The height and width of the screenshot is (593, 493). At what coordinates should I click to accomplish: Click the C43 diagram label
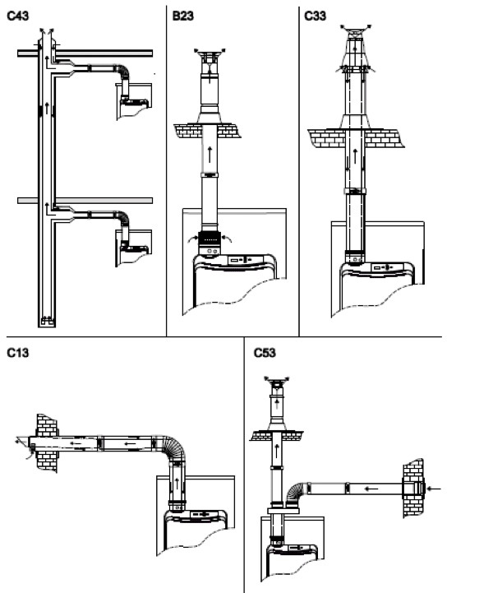pyautogui.click(x=18, y=16)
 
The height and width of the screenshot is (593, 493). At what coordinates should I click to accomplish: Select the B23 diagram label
pyautogui.click(x=183, y=16)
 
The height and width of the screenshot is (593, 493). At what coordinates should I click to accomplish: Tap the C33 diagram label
pyautogui.click(x=315, y=16)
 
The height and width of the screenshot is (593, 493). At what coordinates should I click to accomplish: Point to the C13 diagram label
pyautogui.click(x=18, y=353)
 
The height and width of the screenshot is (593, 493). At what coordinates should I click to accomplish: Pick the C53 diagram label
pyautogui.click(x=265, y=353)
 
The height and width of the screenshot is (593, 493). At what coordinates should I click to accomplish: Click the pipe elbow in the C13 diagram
pyautogui.click(x=173, y=447)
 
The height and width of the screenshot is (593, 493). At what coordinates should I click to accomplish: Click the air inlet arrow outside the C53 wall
pyautogui.click(x=434, y=489)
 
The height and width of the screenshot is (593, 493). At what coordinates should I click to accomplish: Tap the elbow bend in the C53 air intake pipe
pyautogui.click(x=296, y=493)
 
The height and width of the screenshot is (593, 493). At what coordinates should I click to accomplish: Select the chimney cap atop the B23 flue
pyautogui.click(x=210, y=55)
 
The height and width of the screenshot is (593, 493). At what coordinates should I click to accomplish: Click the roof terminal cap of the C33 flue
pyautogui.click(x=356, y=31)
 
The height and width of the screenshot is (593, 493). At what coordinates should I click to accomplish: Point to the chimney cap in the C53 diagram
pyautogui.click(x=277, y=382)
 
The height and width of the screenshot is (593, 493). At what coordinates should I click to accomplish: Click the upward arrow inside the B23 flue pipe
pyautogui.click(x=210, y=155)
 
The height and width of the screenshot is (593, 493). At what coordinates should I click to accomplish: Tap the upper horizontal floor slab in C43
pyautogui.click(x=85, y=53)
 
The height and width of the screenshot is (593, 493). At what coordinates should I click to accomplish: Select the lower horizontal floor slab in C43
pyautogui.click(x=85, y=201)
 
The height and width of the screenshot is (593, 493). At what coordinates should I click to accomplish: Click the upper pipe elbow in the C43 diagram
pyautogui.click(x=123, y=72)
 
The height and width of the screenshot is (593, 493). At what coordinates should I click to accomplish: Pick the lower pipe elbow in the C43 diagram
pyautogui.click(x=123, y=219)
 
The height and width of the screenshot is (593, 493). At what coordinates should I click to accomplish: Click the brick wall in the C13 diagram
pyautogui.click(x=47, y=442)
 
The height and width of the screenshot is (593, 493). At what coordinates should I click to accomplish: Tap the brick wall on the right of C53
pyautogui.click(x=413, y=488)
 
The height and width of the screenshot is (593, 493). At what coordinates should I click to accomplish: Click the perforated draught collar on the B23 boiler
pyautogui.click(x=210, y=239)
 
